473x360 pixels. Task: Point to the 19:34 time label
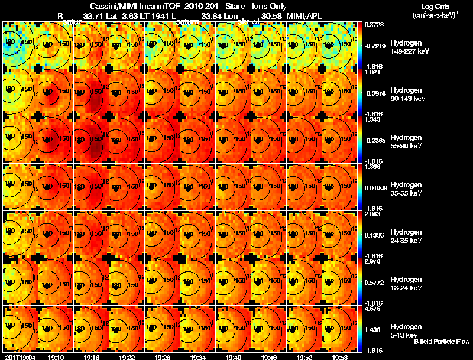pyautogui.click(x=198, y=357)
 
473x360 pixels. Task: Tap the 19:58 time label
pyautogui.click(x=339, y=357)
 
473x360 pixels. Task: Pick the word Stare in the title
pyautogui.click(x=235, y=5)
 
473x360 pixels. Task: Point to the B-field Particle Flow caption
pyautogui.click(x=441, y=342)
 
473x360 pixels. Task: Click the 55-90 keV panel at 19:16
pyautogui.click(x=91, y=140)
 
